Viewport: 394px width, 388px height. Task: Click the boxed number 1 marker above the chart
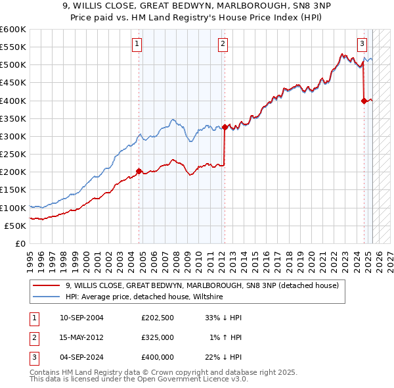pyautogui.click(x=137, y=44)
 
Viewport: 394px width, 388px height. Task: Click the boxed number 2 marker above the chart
pyautogui.click(x=223, y=44)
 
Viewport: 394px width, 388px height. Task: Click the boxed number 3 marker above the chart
pyautogui.click(x=362, y=44)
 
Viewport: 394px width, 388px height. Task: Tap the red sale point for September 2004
pyautogui.click(x=139, y=171)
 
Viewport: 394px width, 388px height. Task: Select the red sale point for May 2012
pyautogui.click(x=225, y=127)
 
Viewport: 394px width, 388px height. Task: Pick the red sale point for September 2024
pyautogui.click(x=364, y=101)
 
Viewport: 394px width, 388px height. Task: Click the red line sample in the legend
pyautogui.click(x=45, y=285)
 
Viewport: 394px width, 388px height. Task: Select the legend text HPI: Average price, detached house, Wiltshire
pyautogui.click(x=144, y=297)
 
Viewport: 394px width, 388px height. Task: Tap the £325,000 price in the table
pyautogui.click(x=157, y=337)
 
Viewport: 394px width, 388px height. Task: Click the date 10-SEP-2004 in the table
pyautogui.click(x=81, y=318)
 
